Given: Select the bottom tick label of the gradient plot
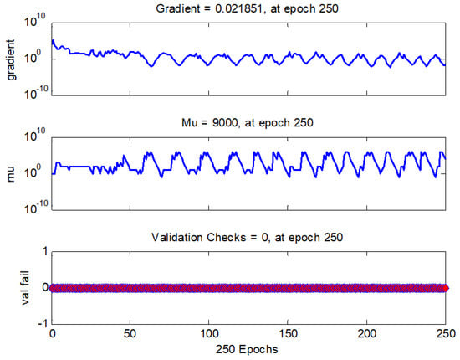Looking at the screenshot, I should click(34, 94).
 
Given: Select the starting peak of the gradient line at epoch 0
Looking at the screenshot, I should click(53, 40).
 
